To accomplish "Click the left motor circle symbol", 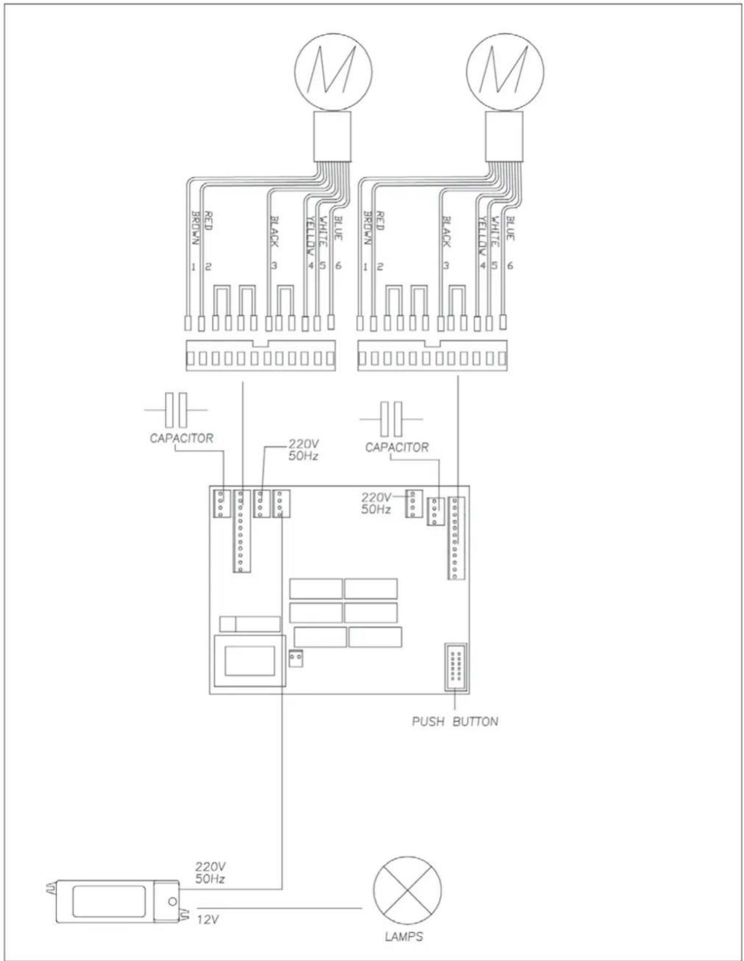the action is [x=333, y=71].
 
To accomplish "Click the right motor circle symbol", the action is [x=505, y=71].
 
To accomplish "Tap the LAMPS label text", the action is [x=404, y=936].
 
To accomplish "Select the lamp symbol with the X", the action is [x=408, y=890].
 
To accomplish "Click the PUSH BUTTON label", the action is [x=455, y=721].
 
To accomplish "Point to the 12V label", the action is [x=208, y=919].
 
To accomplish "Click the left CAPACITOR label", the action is [x=181, y=438].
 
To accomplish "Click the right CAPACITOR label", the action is [x=397, y=447].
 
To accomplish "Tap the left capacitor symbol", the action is [x=176, y=410].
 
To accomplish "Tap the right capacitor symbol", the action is [x=392, y=419].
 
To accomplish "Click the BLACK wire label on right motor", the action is [x=446, y=231].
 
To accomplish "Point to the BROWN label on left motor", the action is [x=195, y=228].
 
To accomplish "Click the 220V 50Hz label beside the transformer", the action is [x=210, y=872].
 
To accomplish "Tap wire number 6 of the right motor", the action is [x=509, y=266].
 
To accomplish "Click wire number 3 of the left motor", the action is [x=274, y=266].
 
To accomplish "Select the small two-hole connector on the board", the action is [x=295, y=658].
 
